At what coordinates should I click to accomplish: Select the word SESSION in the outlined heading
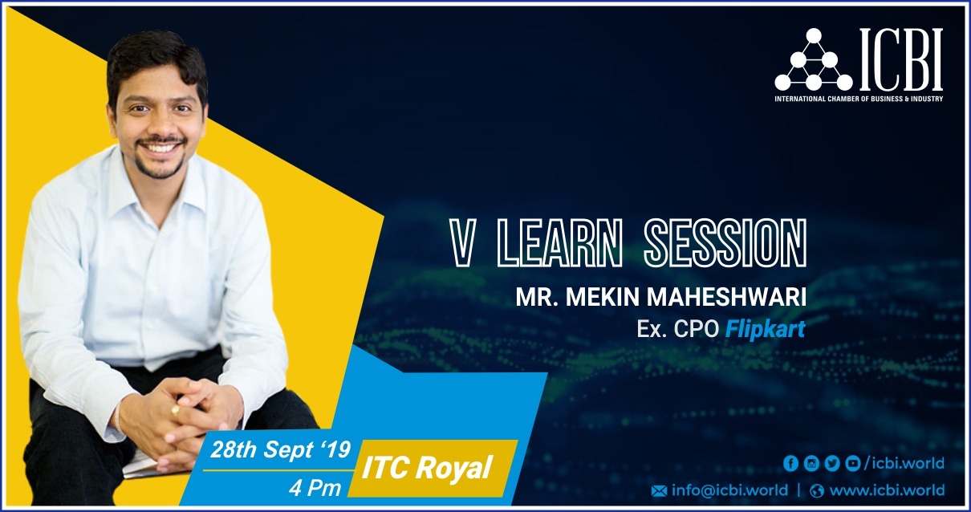725,242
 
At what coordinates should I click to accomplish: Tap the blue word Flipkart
765,329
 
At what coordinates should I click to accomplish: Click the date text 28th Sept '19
280,450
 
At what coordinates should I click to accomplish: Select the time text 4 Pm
315,489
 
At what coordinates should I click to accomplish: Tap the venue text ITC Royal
427,468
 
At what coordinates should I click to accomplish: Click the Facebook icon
791,463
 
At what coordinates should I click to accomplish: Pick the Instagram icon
811,463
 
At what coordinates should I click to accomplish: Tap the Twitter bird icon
832,463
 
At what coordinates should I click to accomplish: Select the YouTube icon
853,463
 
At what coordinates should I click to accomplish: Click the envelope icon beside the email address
659,491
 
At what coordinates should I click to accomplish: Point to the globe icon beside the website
817,491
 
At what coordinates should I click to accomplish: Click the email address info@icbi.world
729,490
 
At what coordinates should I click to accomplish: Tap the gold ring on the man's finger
175,411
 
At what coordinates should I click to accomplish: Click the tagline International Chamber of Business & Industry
859,99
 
